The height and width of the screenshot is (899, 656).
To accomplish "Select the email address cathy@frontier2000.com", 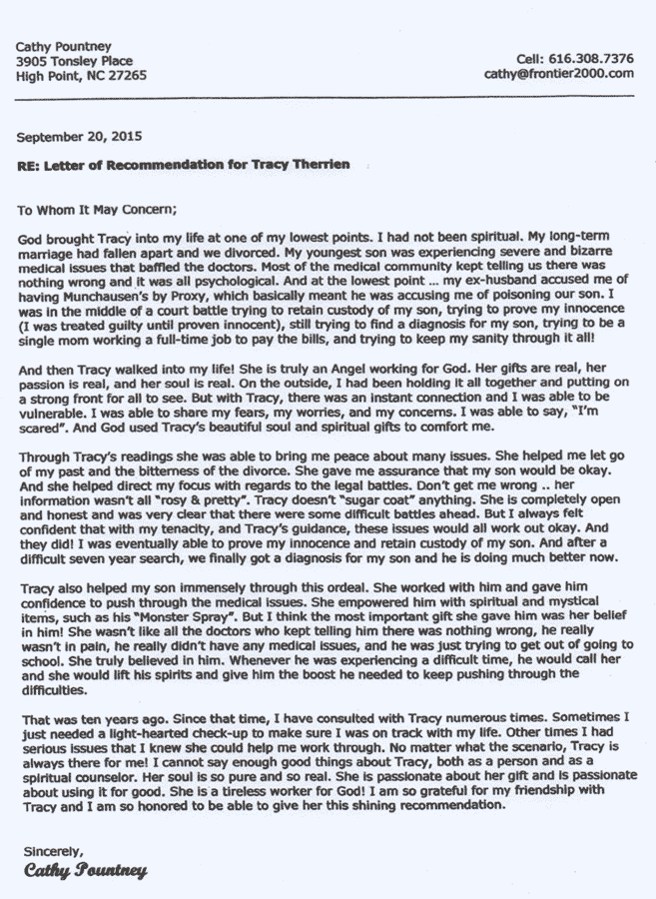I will point(559,73).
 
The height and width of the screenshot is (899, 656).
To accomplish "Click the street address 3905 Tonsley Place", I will point(74,60).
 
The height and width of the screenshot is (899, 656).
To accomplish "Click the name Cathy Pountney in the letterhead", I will point(63,46).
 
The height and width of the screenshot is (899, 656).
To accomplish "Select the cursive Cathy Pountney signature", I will point(85,871).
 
